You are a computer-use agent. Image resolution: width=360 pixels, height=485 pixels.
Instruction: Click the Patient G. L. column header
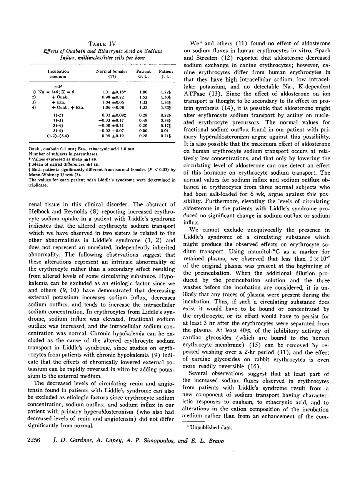143,73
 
